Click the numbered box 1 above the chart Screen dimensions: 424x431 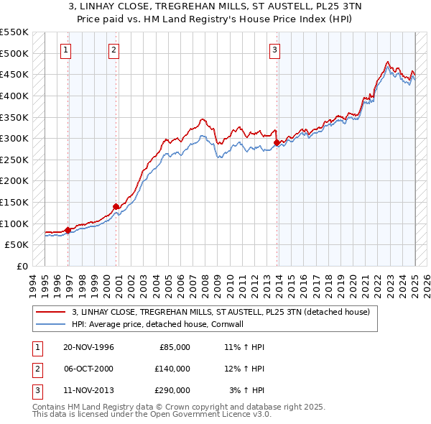[x=65, y=50]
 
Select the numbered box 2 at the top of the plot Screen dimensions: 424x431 [x=114, y=50]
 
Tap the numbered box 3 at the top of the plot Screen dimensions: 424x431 [x=275, y=50]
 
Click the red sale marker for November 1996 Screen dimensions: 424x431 [x=68, y=230]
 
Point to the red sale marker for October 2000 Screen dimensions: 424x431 [x=116, y=206]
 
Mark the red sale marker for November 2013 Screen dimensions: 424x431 [x=277, y=143]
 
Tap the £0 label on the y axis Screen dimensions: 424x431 [x=22, y=266]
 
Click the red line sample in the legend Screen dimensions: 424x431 [x=50, y=312]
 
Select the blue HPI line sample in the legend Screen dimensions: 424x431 [x=50, y=324]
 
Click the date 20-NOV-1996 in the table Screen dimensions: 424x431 [x=89, y=347]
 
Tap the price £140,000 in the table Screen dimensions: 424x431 [x=172, y=369]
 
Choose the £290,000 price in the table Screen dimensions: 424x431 [x=172, y=390]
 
